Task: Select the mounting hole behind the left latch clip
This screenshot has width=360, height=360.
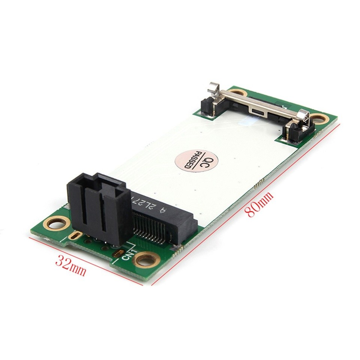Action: pos(236,92)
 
